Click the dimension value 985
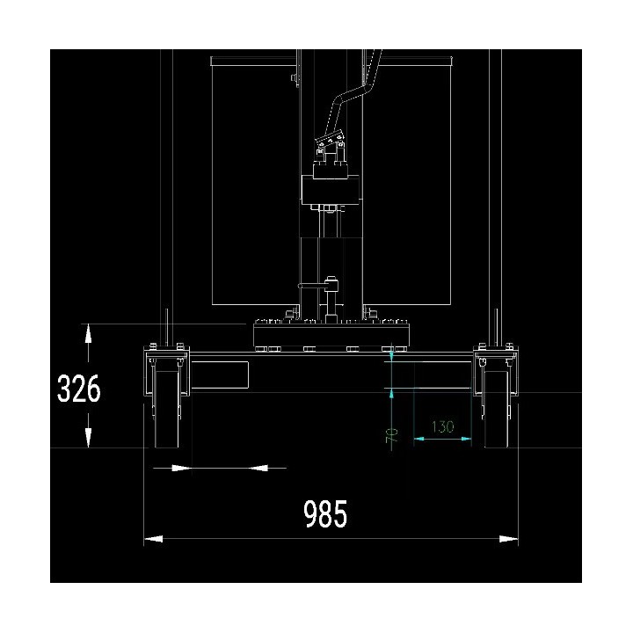[x=325, y=513]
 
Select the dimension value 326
[x=79, y=389]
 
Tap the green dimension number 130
[x=443, y=426]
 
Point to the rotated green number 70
[x=392, y=435]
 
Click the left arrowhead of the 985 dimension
[x=153, y=539]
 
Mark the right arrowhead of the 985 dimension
[x=509, y=539]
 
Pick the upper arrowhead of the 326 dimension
[x=88, y=333]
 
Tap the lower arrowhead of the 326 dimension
[x=88, y=438]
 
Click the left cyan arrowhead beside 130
[x=418, y=439]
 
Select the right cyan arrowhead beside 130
[x=466, y=439]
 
